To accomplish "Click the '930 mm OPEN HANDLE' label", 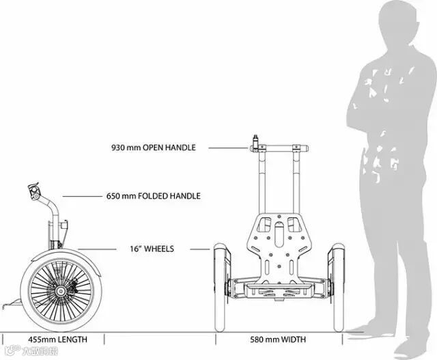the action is (x=153, y=147).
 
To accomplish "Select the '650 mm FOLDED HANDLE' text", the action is (x=154, y=196).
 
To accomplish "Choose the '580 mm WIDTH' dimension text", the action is (x=276, y=339).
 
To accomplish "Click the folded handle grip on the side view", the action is (x=34, y=191).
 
